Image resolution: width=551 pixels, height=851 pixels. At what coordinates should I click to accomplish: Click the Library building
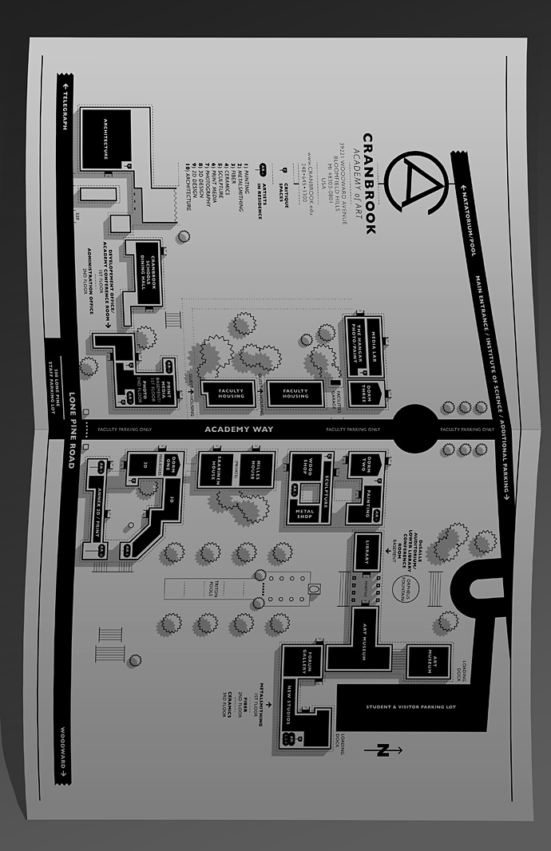click(367, 552)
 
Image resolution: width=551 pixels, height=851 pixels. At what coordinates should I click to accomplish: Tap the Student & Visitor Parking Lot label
click(410, 706)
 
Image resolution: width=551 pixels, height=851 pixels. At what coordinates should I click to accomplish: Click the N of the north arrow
click(384, 750)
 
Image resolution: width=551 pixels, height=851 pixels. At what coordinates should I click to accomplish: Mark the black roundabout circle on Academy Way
click(416, 429)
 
